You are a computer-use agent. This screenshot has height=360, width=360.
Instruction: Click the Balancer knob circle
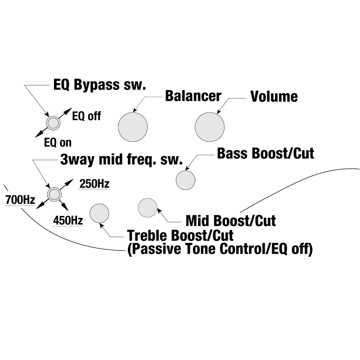[x=133, y=127]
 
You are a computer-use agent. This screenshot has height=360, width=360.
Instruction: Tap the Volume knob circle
[x=210, y=127]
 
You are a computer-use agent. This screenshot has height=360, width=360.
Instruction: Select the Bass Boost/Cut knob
[x=185, y=180]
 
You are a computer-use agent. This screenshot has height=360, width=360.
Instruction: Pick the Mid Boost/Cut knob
[x=148, y=207]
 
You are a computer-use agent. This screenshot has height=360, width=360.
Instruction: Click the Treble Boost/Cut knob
[x=99, y=213]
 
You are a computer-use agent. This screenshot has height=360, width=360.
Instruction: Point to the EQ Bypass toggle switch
[x=54, y=122]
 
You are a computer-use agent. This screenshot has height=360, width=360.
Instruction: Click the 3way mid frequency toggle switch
[x=54, y=194]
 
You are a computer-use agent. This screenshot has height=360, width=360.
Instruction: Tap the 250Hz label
[x=94, y=184]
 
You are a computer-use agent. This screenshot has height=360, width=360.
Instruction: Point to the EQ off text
[x=86, y=116]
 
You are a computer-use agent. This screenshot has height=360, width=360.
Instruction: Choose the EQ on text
[x=58, y=143]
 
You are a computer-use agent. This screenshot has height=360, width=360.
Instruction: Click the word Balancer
[x=193, y=96]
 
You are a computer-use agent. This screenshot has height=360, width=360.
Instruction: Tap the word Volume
[x=274, y=96]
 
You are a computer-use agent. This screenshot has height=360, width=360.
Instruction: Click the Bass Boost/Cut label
[x=265, y=153]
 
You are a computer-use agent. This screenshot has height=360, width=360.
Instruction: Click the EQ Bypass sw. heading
[x=99, y=85]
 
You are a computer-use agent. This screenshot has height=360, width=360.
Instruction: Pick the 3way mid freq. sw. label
[x=121, y=160]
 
